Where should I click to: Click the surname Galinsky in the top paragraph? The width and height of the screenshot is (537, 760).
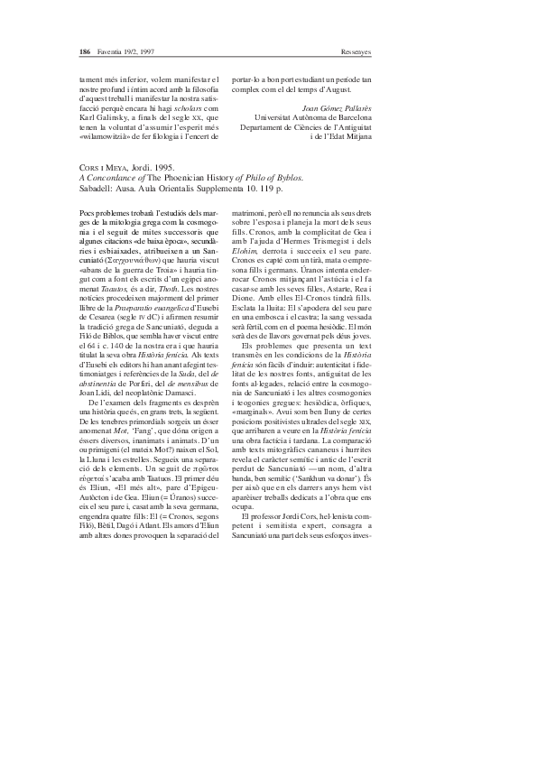[x=106, y=117]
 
